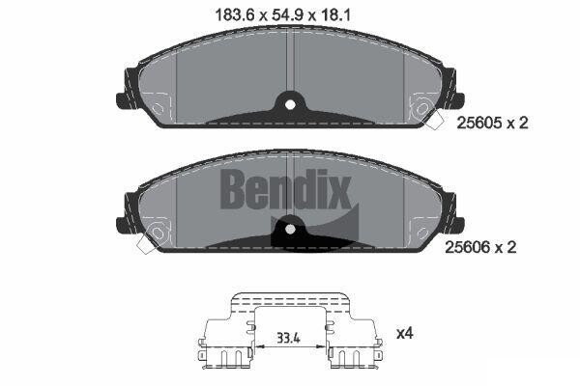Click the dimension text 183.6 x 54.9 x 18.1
pos(282,15)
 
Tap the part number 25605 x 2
pos(493,123)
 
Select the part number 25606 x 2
pos(480,247)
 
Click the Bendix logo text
pos(285,189)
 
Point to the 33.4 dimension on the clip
pos(288,338)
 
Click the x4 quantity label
pos(405,334)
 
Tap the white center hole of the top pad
pos(290,105)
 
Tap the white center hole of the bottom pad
pos(290,230)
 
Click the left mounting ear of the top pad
pos(123,99)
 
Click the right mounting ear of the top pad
pos(457,99)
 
